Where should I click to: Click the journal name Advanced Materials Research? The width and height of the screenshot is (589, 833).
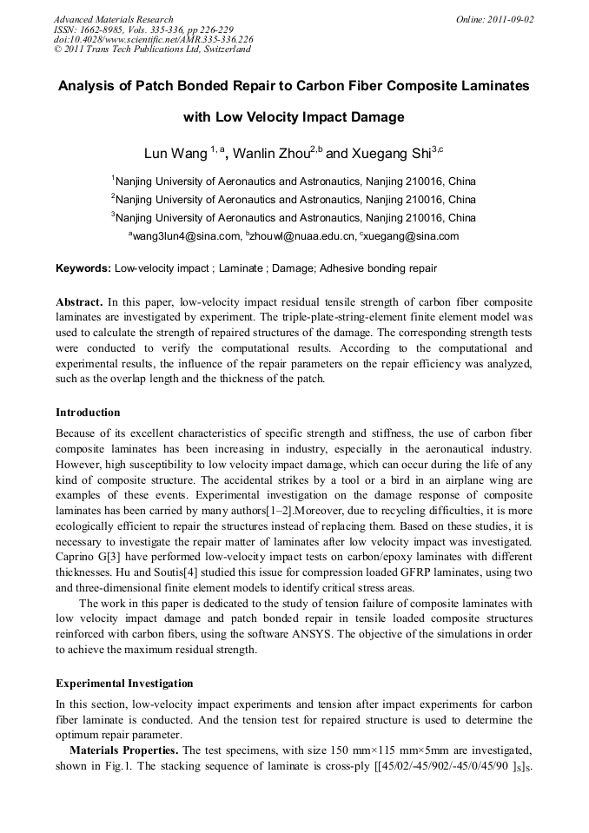(x=113, y=19)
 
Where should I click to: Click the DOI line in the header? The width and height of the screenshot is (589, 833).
(x=153, y=39)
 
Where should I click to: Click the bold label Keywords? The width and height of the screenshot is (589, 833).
(x=83, y=268)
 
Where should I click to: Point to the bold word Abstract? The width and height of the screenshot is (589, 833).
(x=79, y=301)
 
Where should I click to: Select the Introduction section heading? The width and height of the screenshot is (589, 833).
(x=88, y=412)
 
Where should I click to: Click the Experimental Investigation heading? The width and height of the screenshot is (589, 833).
(x=124, y=684)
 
